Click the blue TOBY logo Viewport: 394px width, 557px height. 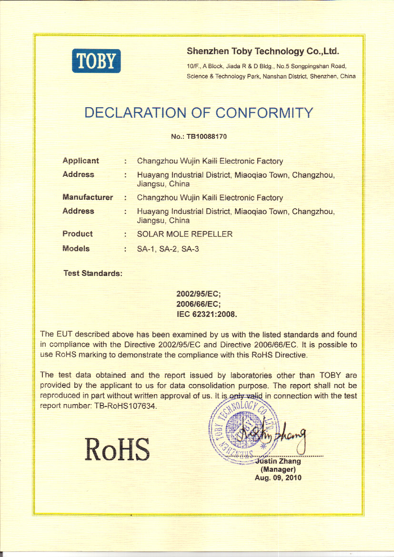pos(97,61)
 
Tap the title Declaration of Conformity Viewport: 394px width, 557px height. pos(199,113)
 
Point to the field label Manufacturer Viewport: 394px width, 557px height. pos(88,197)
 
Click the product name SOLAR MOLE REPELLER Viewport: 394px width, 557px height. pos(185,234)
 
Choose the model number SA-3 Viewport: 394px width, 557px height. pos(190,248)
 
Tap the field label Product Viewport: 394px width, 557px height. pos(78,233)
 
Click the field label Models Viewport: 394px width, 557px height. pos(76,248)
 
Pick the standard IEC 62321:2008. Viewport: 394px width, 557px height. pos(207,314)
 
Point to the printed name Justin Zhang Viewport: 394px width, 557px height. pos(278,461)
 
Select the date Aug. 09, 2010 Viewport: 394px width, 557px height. pos(278,478)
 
